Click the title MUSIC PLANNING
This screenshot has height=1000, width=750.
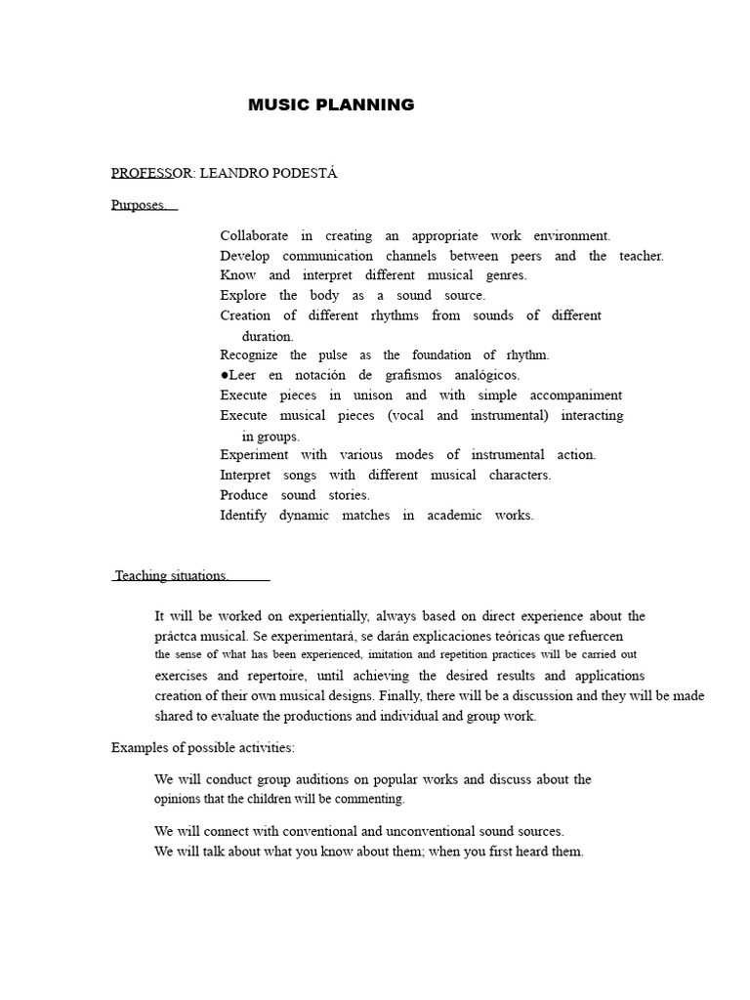point(331,105)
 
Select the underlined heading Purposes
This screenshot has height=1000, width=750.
point(140,205)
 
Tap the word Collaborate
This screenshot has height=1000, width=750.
point(254,235)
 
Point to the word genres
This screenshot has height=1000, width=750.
point(506,275)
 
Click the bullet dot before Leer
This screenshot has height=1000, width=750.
point(224,375)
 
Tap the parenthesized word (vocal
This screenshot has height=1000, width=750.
point(405,416)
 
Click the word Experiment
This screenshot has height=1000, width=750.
point(254,455)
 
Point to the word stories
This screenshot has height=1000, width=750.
point(349,495)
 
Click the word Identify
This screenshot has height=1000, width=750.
point(243,516)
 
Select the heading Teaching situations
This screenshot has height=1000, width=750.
point(171,576)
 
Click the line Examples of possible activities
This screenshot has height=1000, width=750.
point(202,748)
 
